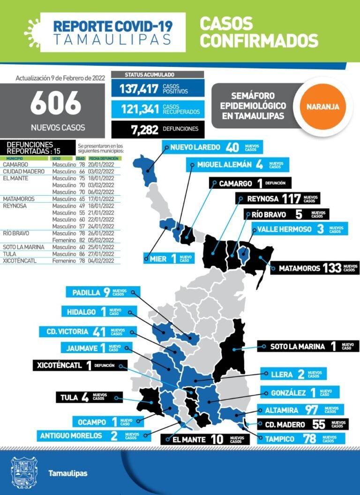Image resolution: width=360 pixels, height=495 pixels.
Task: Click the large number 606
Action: (x=55, y=104)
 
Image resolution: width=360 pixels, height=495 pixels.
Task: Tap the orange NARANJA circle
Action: (x=322, y=106)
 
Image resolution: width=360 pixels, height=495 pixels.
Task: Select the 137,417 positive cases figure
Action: (x=139, y=89)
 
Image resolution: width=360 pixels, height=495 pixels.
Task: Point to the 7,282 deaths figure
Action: (x=145, y=129)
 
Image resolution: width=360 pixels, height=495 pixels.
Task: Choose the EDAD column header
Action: (x=81, y=159)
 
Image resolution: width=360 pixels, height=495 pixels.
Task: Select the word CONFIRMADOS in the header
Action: (x=258, y=40)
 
